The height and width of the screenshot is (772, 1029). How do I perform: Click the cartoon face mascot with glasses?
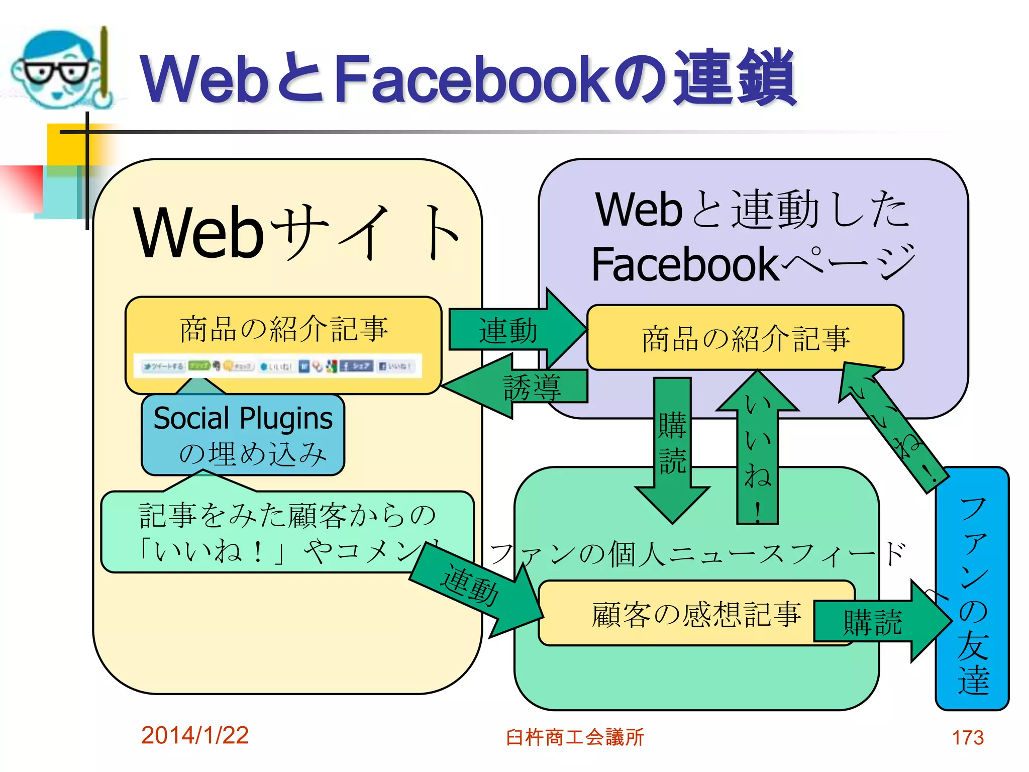coord(58,68)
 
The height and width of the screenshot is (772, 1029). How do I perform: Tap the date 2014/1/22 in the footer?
coord(194,735)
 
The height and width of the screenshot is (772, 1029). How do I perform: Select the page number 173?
coord(967,738)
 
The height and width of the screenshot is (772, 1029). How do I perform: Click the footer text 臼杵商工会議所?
coord(574,737)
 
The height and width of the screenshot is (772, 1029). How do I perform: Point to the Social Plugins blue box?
coord(243,435)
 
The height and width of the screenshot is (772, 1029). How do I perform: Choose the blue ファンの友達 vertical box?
coord(972,588)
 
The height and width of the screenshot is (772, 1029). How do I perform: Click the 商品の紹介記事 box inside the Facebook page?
coord(745,338)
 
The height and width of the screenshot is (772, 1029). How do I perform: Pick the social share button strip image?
coord(277,366)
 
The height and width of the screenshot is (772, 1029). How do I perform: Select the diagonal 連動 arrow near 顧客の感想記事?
coord(475,588)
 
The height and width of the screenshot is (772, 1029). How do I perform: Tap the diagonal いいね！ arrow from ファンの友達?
coord(892,427)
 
